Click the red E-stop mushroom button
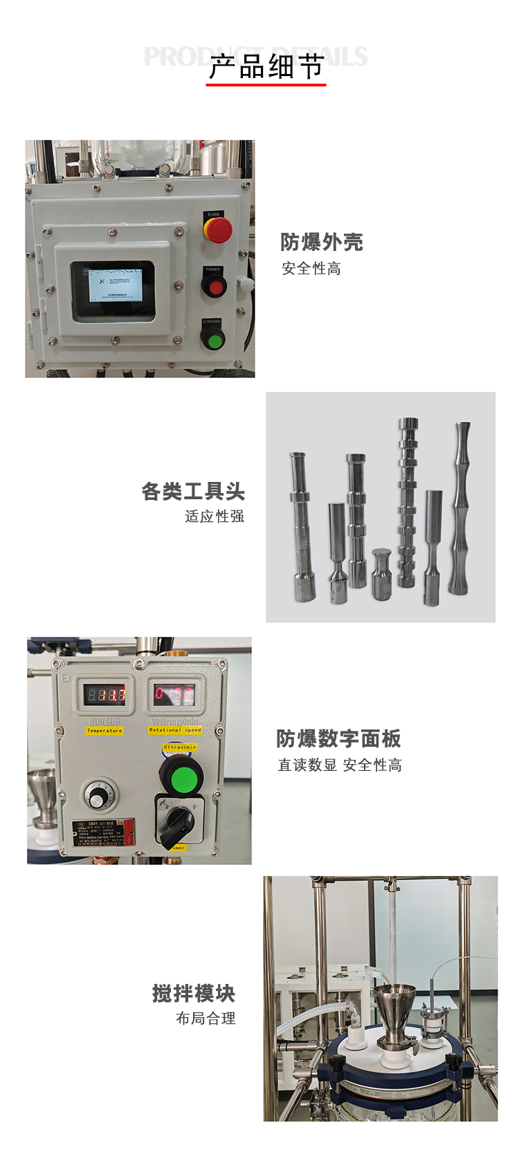217,230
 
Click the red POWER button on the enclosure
215,286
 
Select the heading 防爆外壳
321,242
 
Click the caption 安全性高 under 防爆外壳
311,269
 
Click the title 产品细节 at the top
266,67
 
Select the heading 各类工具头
193,492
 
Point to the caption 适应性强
215,517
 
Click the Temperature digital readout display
105,694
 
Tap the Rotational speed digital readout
174,693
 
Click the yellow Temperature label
104,730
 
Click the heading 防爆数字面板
338,738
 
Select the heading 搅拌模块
194,994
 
